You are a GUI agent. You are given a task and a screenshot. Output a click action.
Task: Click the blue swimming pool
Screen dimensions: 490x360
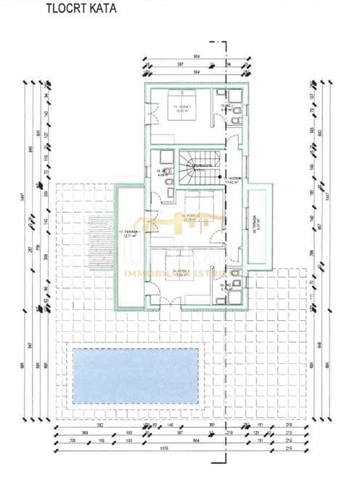[x=136, y=375]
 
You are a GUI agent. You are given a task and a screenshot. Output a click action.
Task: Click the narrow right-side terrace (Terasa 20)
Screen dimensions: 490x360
[x=256, y=226]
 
